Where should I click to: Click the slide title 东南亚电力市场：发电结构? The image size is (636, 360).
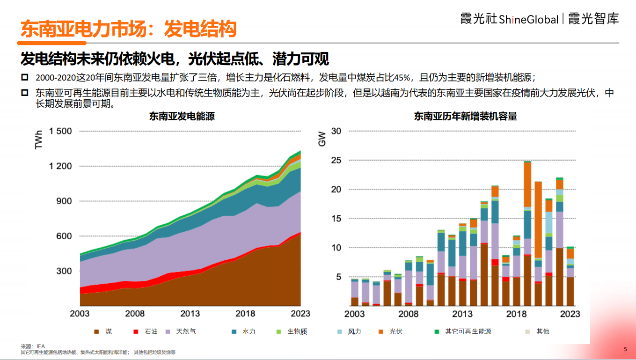point(128,29)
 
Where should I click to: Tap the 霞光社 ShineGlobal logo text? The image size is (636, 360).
point(509,19)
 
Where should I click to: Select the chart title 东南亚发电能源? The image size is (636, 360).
point(182,116)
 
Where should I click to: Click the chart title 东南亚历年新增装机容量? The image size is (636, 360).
point(465,116)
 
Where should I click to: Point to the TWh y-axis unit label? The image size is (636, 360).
point(39,140)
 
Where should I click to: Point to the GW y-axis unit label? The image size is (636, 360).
point(322,139)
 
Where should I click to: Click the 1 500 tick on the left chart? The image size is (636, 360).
point(60,131)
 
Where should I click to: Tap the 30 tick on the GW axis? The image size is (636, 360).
point(336,131)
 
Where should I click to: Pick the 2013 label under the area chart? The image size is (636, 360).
point(190,314)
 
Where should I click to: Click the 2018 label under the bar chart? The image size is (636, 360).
point(517,314)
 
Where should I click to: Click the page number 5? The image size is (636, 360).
point(625,349)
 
